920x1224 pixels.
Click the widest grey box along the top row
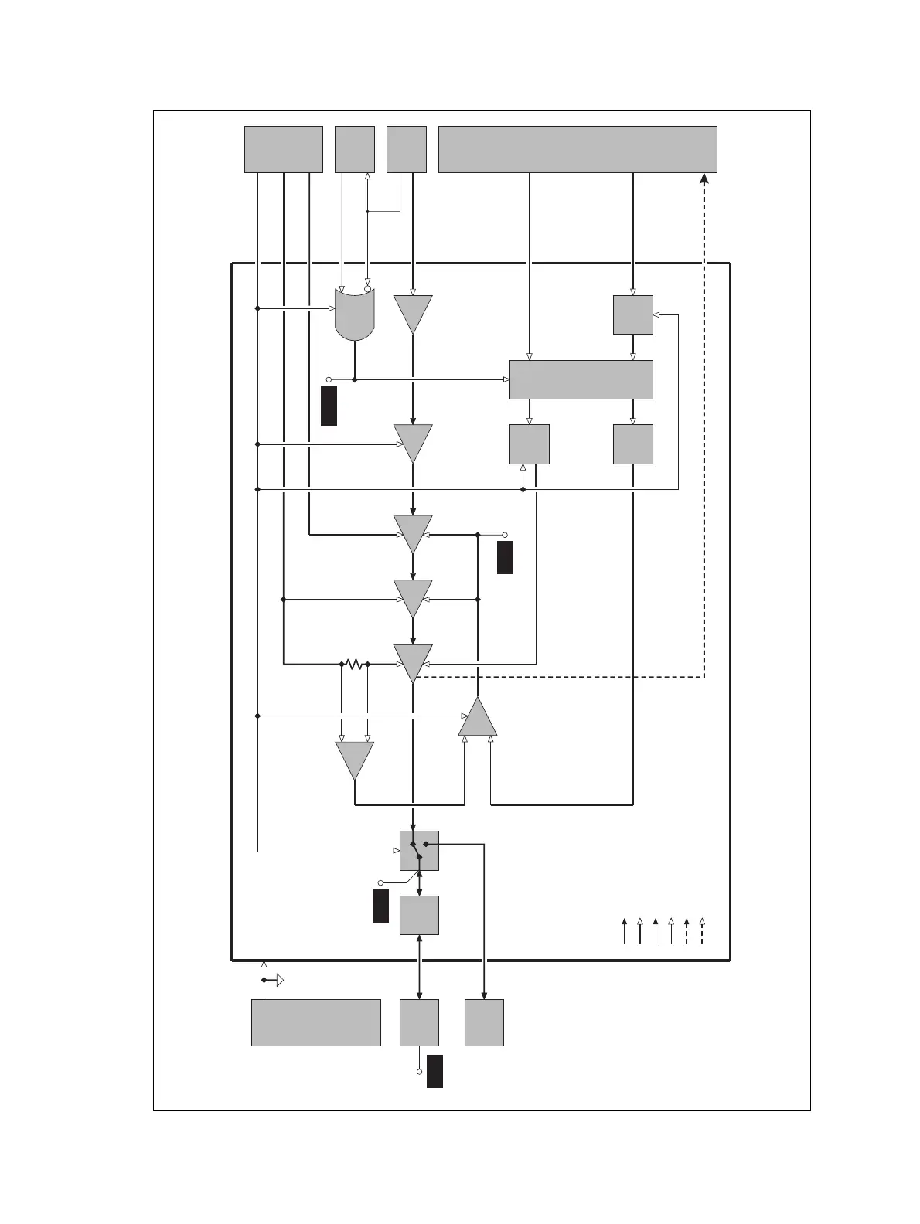click(x=578, y=149)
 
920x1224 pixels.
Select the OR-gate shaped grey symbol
click(x=354, y=314)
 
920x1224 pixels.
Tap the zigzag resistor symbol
click(x=354, y=664)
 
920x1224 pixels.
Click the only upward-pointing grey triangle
click(x=478, y=719)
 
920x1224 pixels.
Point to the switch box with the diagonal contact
click(x=419, y=851)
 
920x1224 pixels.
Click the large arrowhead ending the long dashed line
click(x=704, y=178)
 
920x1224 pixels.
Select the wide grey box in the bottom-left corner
click(x=315, y=1022)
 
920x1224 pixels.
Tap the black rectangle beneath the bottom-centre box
click(x=434, y=1070)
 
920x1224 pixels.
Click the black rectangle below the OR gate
click(x=329, y=406)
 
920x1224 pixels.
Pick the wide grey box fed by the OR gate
click(x=581, y=379)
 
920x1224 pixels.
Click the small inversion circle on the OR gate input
click(x=367, y=288)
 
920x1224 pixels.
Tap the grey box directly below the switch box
click(x=419, y=915)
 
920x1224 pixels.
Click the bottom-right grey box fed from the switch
click(x=484, y=1022)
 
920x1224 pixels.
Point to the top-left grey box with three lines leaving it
click(x=283, y=149)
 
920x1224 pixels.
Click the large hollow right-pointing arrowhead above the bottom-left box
click(x=280, y=981)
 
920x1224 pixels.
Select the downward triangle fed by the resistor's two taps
click(x=354, y=759)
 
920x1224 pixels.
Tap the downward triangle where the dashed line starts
click(x=413, y=662)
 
